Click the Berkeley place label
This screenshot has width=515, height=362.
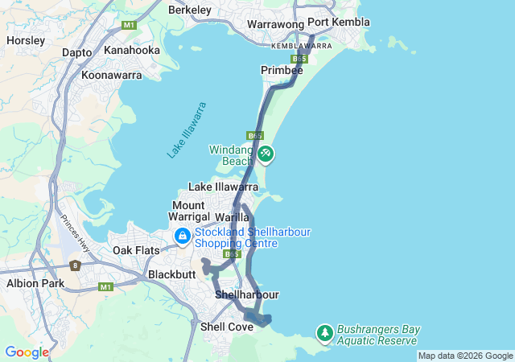click(190, 10)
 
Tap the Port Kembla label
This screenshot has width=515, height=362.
click(339, 23)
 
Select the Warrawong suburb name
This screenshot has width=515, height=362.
click(273, 25)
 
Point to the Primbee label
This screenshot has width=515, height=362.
click(282, 71)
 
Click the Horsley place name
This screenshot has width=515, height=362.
click(25, 39)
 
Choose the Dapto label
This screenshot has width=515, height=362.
click(76, 52)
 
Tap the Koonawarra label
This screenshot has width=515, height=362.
click(112, 75)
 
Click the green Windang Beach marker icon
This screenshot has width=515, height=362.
click(265, 153)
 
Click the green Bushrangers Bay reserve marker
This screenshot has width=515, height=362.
click(324, 332)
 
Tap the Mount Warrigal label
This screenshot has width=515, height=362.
click(187, 211)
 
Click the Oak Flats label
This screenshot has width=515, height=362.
click(136, 250)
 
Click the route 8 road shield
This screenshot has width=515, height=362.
click(75, 265)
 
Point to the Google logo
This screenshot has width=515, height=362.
click(27, 352)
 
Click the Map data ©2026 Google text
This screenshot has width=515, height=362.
click(465, 356)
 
